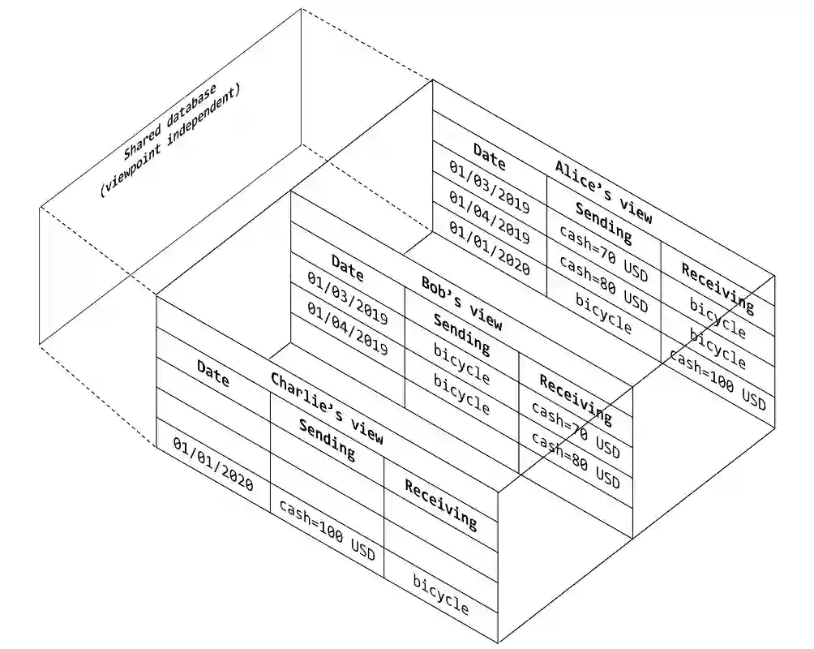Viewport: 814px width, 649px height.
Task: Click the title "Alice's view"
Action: (x=603, y=191)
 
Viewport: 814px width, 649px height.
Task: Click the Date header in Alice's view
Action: (x=489, y=157)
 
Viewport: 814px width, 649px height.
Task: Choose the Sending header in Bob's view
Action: (x=461, y=334)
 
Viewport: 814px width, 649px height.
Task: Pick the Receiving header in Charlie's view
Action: (x=441, y=504)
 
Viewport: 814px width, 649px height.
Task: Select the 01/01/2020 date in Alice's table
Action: (x=489, y=254)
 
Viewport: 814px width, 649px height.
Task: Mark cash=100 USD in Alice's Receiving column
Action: (x=717, y=380)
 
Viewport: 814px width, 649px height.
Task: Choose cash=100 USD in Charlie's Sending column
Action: (x=327, y=531)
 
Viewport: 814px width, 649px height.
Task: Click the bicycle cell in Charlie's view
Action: (x=441, y=594)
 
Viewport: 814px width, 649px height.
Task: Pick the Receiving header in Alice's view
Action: (x=717, y=288)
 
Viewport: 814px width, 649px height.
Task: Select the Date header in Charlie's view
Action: (x=212, y=373)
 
